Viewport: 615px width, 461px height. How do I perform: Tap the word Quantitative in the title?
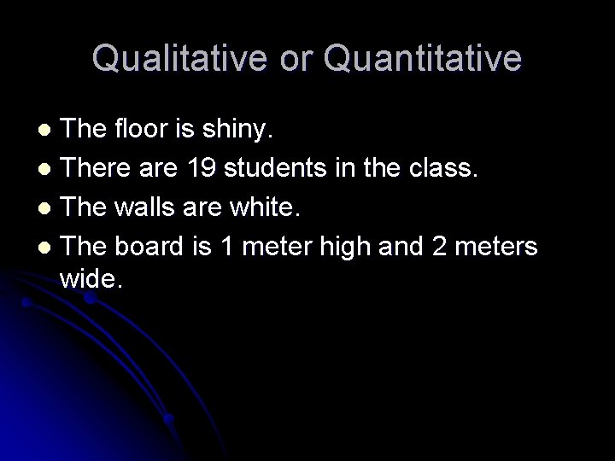(424, 58)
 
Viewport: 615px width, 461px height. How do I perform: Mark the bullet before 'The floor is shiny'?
(48, 131)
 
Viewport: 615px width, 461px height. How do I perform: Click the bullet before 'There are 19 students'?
(48, 169)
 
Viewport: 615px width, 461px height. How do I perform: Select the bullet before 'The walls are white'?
(48, 207)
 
